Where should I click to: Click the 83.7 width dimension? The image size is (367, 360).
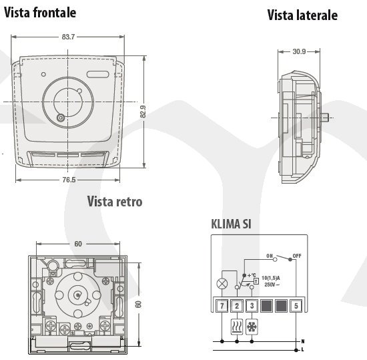tap(68, 37)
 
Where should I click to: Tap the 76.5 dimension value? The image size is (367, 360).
tap(69, 180)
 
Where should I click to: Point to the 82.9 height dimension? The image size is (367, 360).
tap(143, 112)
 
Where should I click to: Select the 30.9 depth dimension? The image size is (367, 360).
tap(299, 51)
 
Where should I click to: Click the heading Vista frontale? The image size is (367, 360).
tap(40, 13)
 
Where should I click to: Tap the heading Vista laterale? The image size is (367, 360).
tap(302, 15)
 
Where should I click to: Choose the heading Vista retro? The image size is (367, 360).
tap(115, 202)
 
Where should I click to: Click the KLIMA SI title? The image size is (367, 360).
tap(232, 224)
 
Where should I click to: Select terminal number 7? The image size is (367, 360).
tap(222, 306)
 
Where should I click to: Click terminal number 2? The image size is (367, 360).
tap(237, 306)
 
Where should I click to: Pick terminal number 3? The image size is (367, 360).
tap(252, 306)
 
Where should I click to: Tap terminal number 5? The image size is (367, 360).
tap(296, 306)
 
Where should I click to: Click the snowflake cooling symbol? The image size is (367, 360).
tap(252, 327)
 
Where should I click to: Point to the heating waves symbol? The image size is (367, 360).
tap(237, 327)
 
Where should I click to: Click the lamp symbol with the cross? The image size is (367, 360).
tap(222, 284)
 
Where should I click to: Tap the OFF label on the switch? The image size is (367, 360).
tap(297, 256)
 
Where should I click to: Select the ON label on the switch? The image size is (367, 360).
tap(270, 256)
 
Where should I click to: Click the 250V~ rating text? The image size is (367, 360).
tap(272, 285)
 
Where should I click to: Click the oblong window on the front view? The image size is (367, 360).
tap(98, 75)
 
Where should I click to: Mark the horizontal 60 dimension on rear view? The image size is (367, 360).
tap(78, 244)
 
